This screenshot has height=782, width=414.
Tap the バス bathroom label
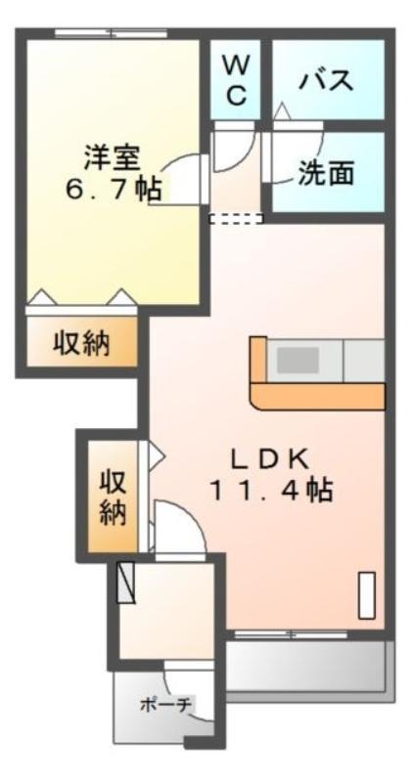pos(326,80)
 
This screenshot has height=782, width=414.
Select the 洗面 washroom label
pos(326,173)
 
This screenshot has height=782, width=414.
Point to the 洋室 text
pos(112,157)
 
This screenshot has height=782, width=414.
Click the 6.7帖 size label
pos(114,190)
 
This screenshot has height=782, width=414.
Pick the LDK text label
pos(269,459)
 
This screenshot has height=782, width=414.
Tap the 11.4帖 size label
pos(271,491)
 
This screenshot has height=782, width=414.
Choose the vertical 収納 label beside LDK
pos(113,497)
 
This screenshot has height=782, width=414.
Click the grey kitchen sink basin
pos(299,360)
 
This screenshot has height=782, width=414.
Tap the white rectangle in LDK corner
pos(367,595)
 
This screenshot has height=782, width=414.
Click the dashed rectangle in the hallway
pos(236,218)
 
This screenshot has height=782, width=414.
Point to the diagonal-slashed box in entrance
pos(126,583)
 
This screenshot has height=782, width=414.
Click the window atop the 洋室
pos(111,34)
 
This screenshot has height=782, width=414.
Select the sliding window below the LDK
pos(291,634)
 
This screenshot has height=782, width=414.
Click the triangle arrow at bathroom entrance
pos(282,110)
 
